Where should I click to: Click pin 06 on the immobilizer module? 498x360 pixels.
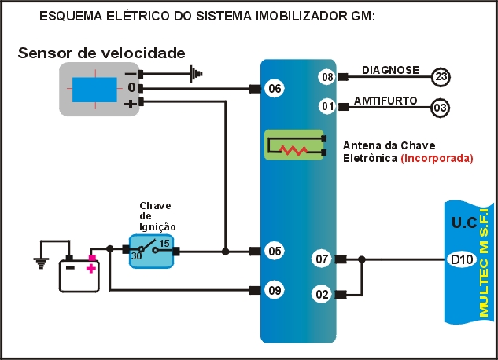[x=274, y=89]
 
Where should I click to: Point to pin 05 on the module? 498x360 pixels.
[x=274, y=252]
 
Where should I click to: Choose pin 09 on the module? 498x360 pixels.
[x=274, y=290]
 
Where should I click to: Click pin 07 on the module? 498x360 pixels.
[x=321, y=259]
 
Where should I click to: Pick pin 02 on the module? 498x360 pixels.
[x=321, y=295]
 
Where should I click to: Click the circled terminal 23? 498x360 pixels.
[x=441, y=76]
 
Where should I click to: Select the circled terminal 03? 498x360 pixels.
[x=441, y=106]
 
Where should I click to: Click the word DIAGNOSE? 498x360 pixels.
[x=390, y=70]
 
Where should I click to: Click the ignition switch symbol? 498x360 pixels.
[x=151, y=251]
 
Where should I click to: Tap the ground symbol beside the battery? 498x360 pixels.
[x=39, y=263]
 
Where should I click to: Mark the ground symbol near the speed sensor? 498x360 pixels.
[x=194, y=74]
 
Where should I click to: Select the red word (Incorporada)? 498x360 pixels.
[x=437, y=158]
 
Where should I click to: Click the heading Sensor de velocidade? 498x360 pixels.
[x=101, y=53]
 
